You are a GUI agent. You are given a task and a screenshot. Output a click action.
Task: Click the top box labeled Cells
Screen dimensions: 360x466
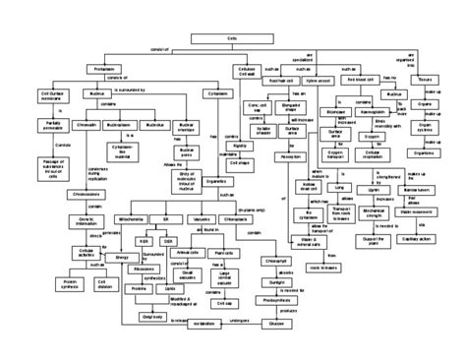point(232,35)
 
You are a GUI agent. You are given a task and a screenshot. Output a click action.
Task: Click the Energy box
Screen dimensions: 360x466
point(123,257)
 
